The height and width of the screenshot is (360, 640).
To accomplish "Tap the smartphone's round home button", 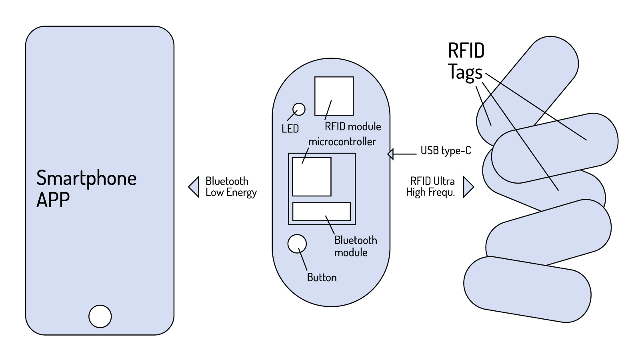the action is point(100,316).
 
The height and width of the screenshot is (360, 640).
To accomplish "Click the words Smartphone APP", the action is point(86,188).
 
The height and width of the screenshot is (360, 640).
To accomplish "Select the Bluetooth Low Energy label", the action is point(231,187).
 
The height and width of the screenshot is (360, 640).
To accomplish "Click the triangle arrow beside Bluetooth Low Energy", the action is point(194,187).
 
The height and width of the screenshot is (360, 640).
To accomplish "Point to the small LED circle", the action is point(299,109).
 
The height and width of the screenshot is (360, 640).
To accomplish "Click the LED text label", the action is point(290,129).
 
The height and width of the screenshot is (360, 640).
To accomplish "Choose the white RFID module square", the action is point(334,96).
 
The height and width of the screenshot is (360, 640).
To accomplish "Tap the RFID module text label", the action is point(353,126).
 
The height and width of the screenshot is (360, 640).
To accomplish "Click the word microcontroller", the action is point(342,142).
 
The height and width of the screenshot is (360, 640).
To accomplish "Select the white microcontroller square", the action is point(312,177).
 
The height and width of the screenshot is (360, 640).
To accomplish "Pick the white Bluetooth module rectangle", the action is point(322,212).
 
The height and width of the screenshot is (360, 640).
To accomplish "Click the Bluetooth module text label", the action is point(356,246).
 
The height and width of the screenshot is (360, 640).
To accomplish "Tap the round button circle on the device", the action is point(297,244).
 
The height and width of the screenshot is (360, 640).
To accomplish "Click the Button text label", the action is point(322,278).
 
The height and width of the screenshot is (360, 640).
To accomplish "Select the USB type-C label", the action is point(446,150).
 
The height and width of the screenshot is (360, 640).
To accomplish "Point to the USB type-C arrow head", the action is point(390,154).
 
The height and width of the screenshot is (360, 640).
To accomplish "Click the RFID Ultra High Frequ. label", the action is point(430,186).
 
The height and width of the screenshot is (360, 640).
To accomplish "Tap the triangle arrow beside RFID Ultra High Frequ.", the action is point(468,187).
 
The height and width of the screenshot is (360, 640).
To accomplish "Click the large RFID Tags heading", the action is point(466,62).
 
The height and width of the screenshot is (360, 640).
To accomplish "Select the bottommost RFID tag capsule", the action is point(527,290).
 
